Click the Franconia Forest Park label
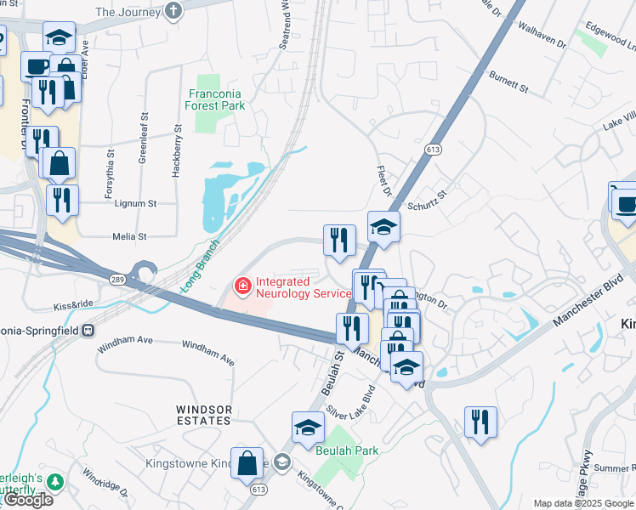(x=216, y=99)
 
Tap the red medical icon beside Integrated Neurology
(x=243, y=286)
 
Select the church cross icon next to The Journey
(x=173, y=11)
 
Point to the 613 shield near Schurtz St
(x=433, y=150)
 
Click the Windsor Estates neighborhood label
(x=203, y=415)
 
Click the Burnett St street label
(x=508, y=82)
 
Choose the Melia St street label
(x=130, y=236)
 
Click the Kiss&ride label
(x=73, y=304)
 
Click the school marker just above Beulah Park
(x=308, y=428)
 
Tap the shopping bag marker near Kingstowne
(x=247, y=464)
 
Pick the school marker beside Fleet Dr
(x=383, y=227)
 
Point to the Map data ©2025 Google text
(x=583, y=503)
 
